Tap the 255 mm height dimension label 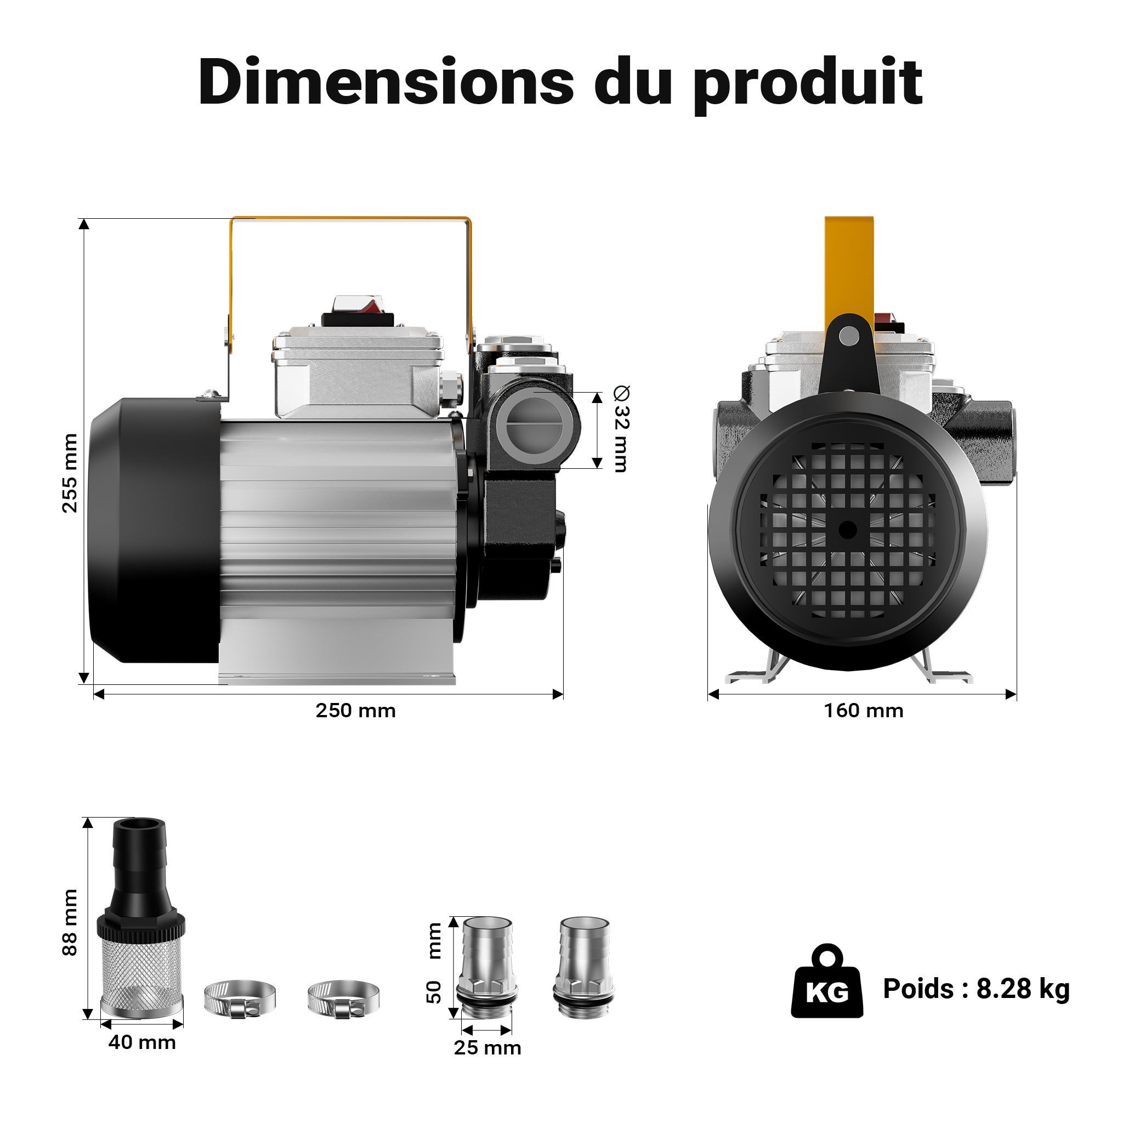[70, 473]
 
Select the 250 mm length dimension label [356, 711]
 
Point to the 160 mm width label [864, 711]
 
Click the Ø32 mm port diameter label [621, 429]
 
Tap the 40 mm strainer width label [142, 1042]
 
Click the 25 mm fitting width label [487, 1048]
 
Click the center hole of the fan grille [848, 530]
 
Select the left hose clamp [240, 998]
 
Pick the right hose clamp [343, 998]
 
